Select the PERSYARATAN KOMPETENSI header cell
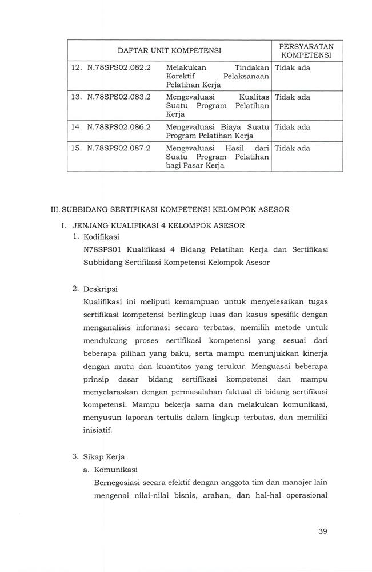click(307, 50)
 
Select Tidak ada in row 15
click(292, 148)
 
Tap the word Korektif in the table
click(181, 76)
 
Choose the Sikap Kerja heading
click(103, 456)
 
